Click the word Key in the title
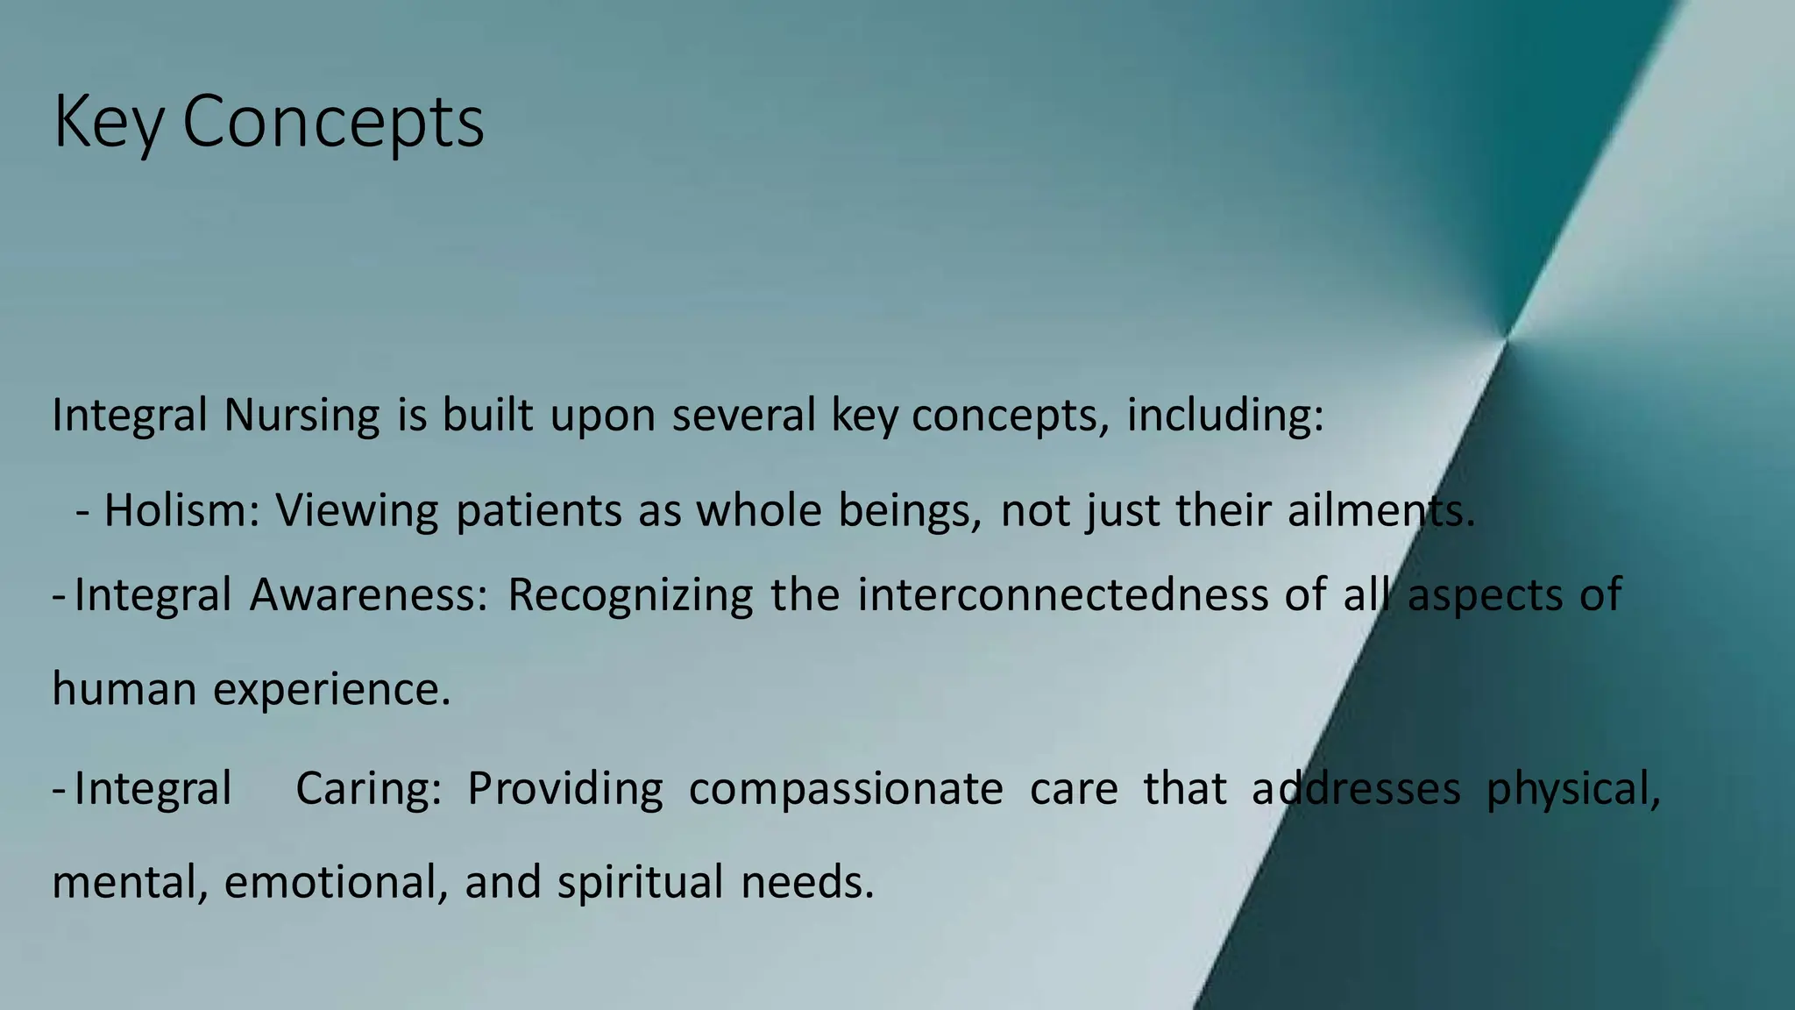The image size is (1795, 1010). (x=108, y=123)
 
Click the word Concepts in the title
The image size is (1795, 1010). (x=333, y=123)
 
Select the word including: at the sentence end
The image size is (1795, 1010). (x=1224, y=416)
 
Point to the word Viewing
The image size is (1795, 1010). (x=357, y=510)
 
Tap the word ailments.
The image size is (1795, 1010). (x=1381, y=510)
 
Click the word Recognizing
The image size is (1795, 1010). (x=630, y=595)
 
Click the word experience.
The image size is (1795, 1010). (x=331, y=690)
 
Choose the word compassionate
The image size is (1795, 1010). (x=846, y=788)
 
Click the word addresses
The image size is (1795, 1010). (x=1356, y=788)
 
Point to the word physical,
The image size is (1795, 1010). (x=1573, y=788)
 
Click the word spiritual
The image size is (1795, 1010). (x=640, y=883)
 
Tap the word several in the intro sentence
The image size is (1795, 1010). (x=743, y=416)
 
